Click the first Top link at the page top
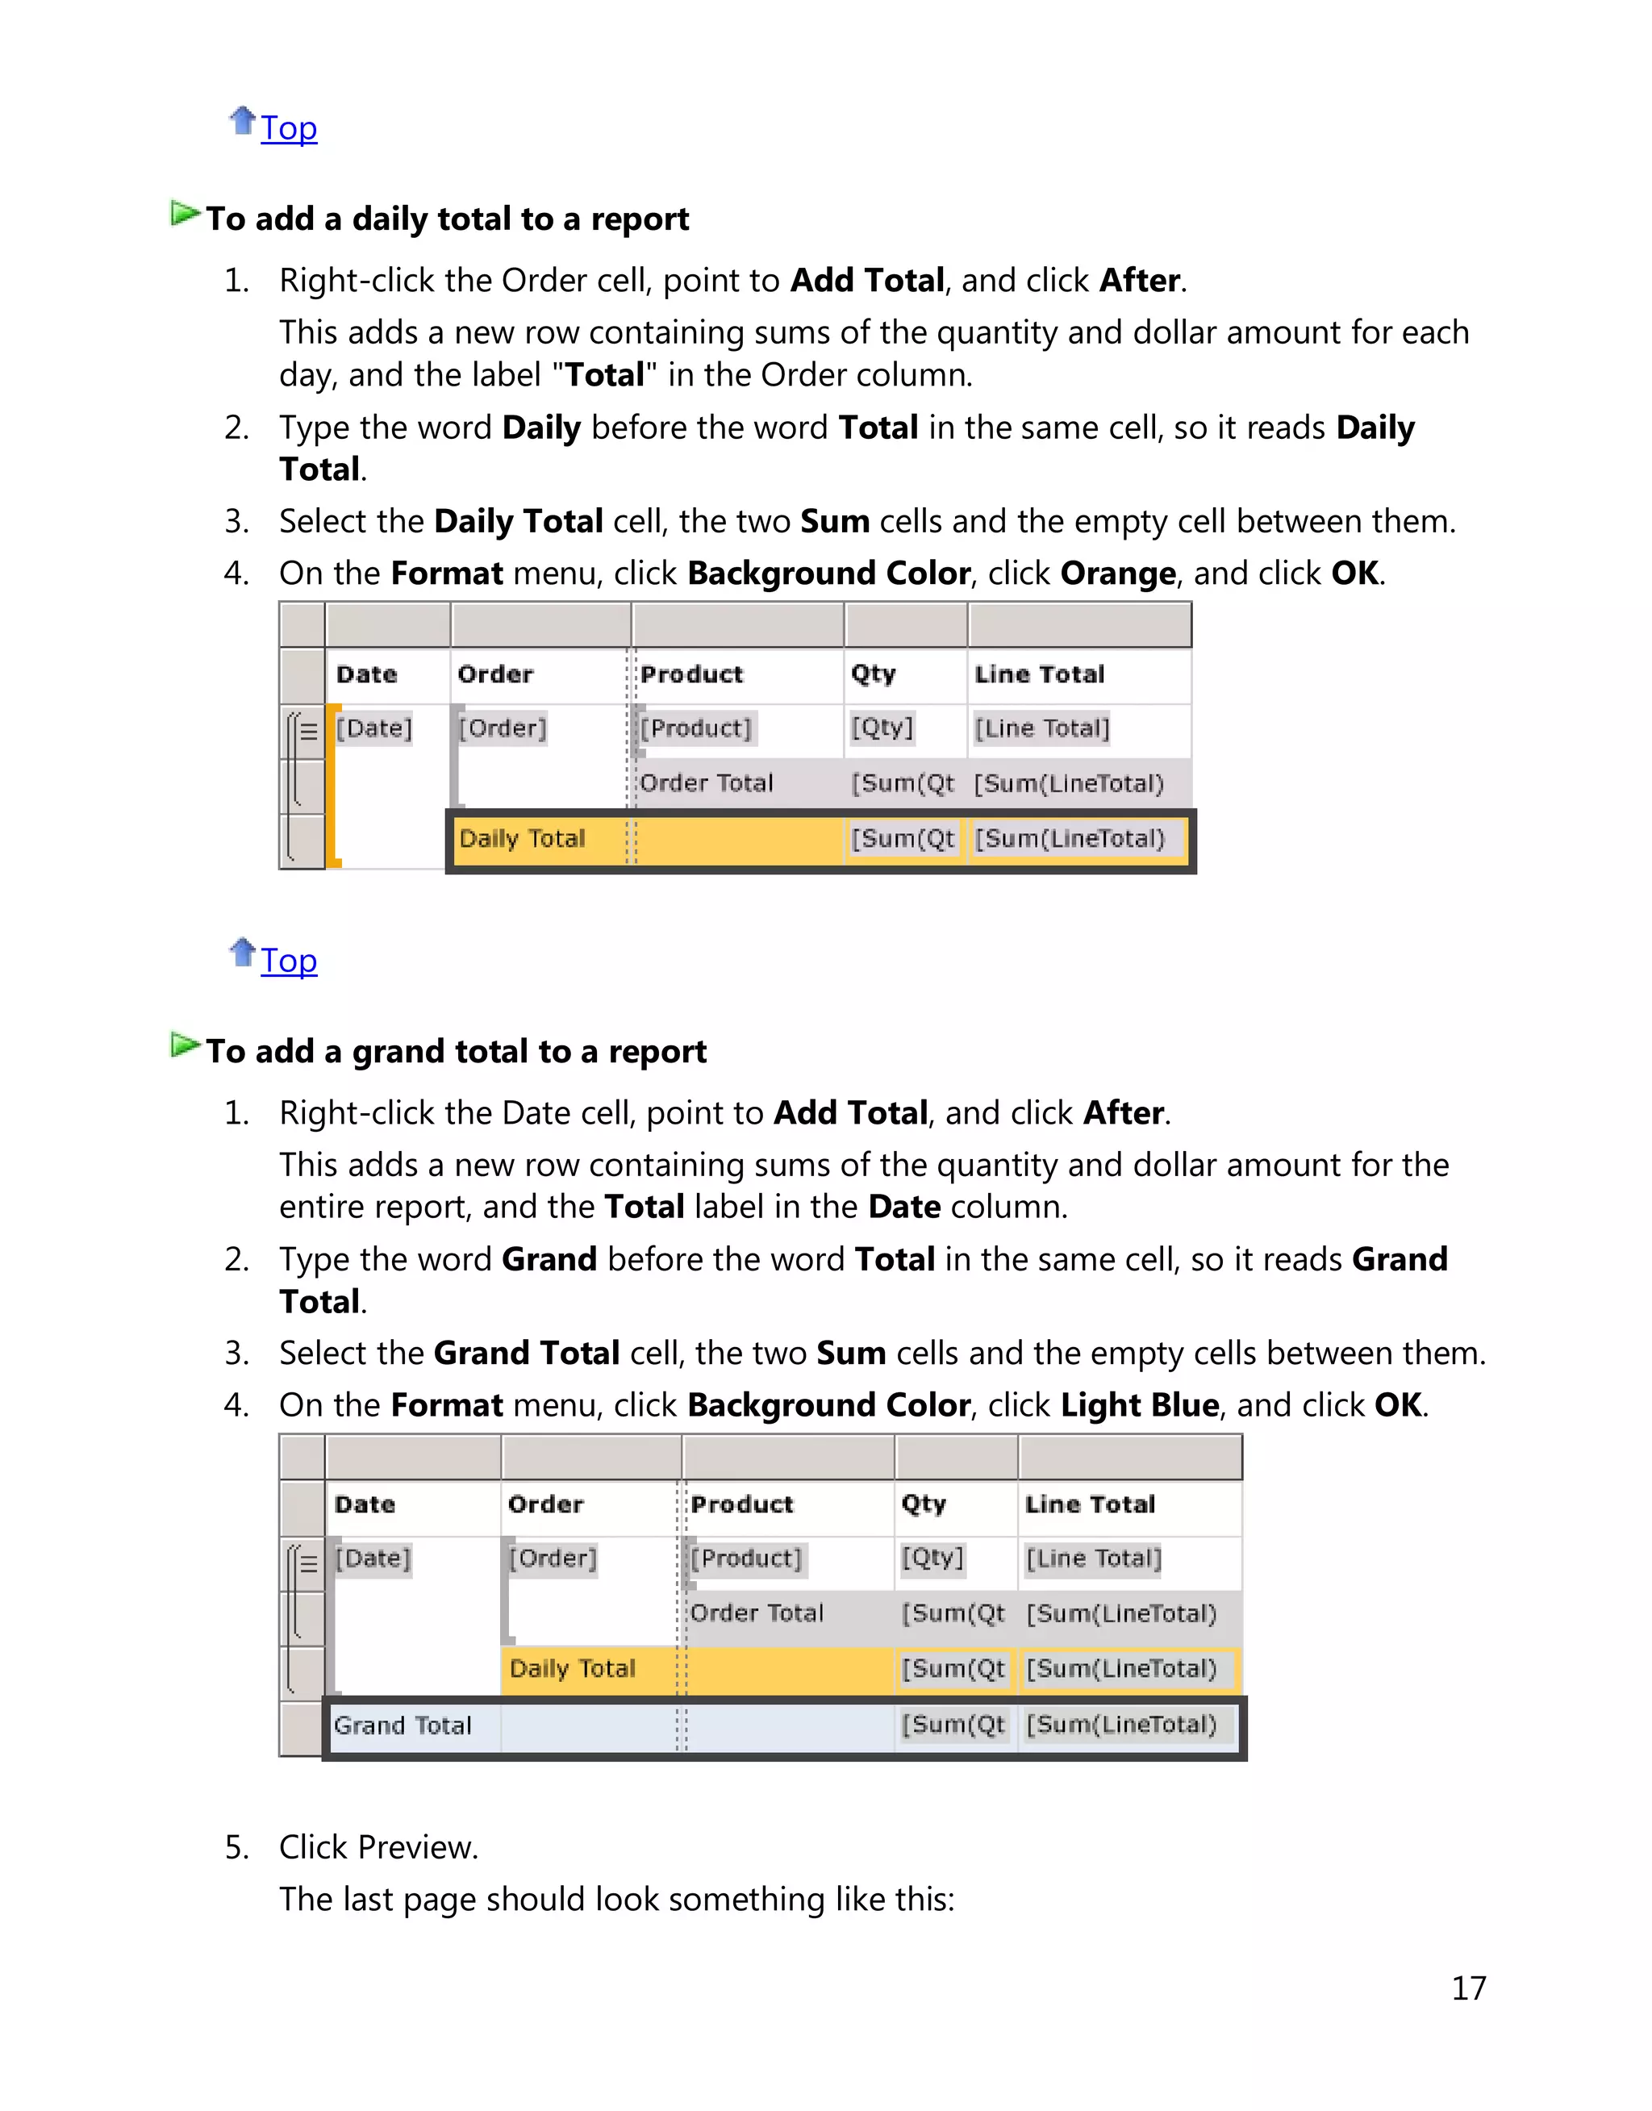pos(288,128)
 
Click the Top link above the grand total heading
pos(288,962)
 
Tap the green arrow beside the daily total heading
pos(185,214)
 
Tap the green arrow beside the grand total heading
pos(185,1045)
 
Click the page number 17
pos(1468,1988)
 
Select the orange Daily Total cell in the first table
pos(522,838)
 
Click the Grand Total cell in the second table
pos(403,1726)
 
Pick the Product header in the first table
pos(691,674)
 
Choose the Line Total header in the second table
pos(1090,1504)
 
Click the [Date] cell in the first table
pos(374,728)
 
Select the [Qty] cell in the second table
pos(932,1558)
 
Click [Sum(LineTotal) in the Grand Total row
pos(1121,1725)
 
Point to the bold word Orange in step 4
pos(1118,574)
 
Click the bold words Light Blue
pos(1139,1405)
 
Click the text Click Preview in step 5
pos(378,1848)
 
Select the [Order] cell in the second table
pos(553,1558)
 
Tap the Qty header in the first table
pos(874,674)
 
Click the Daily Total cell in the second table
pos(573,1669)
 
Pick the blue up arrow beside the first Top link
pos(242,121)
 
